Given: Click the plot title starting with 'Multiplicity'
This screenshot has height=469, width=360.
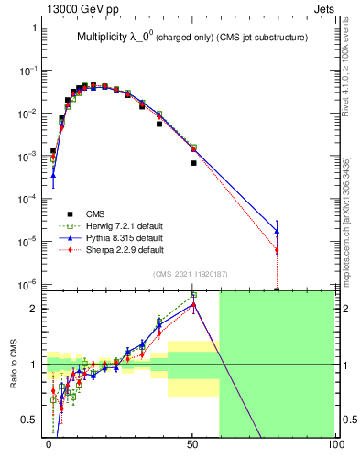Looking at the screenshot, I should [x=192, y=38].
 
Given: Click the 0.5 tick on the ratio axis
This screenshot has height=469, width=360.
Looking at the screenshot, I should [x=31, y=420].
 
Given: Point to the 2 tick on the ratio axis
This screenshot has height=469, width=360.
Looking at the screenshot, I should [x=35, y=309].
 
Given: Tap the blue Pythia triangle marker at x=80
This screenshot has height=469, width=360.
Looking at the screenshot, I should [x=277, y=231].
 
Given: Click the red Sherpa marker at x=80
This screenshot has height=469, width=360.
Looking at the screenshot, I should [x=277, y=250].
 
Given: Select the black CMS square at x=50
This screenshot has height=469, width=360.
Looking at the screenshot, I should [x=193, y=163].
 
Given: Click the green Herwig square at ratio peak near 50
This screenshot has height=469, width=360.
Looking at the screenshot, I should [x=193, y=296].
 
